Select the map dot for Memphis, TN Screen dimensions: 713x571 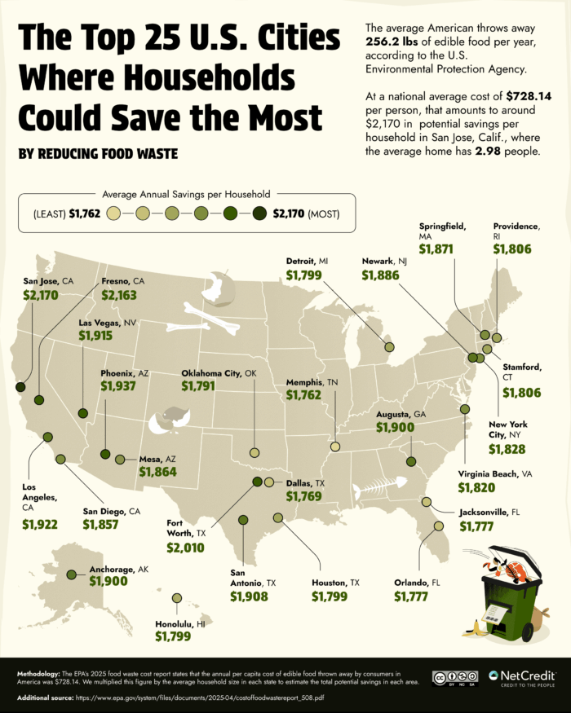334,446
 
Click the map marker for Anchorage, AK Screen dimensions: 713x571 72,574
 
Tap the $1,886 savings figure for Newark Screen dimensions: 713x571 380,276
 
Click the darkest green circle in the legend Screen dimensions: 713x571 259,215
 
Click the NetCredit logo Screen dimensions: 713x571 523,677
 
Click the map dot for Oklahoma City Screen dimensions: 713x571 254,452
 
